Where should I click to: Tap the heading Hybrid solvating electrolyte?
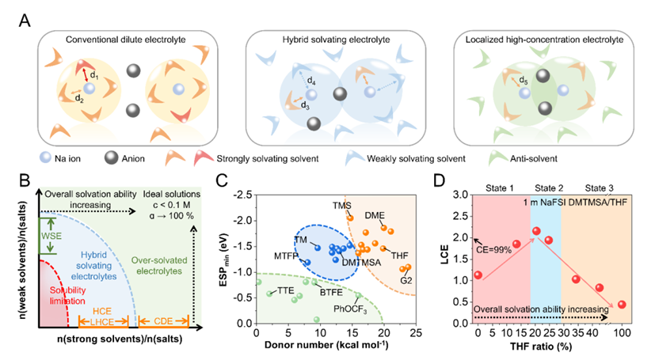point(326,40)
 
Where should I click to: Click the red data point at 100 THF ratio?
point(622,305)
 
